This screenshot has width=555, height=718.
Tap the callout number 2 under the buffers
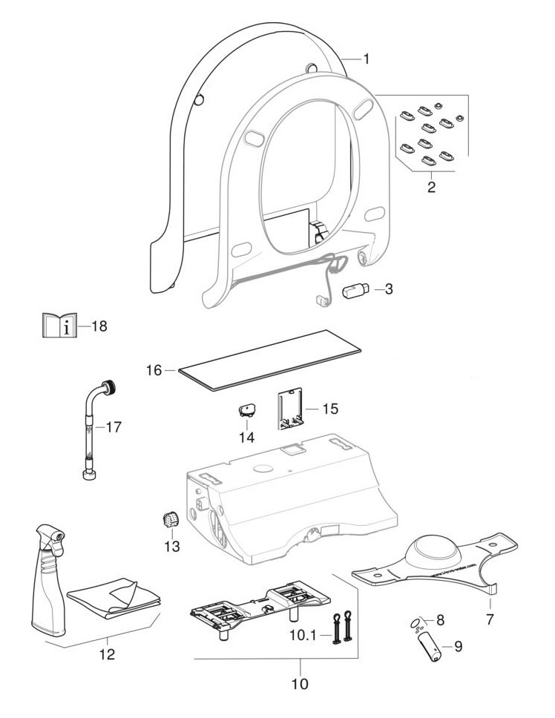pyautogui.click(x=431, y=186)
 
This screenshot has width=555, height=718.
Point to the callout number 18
pyautogui.click(x=99, y=326)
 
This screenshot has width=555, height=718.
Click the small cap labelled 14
pyautogui.click(x=246, y=409)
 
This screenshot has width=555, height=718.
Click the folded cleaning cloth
pyautogui.click(x=115, y=599)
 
